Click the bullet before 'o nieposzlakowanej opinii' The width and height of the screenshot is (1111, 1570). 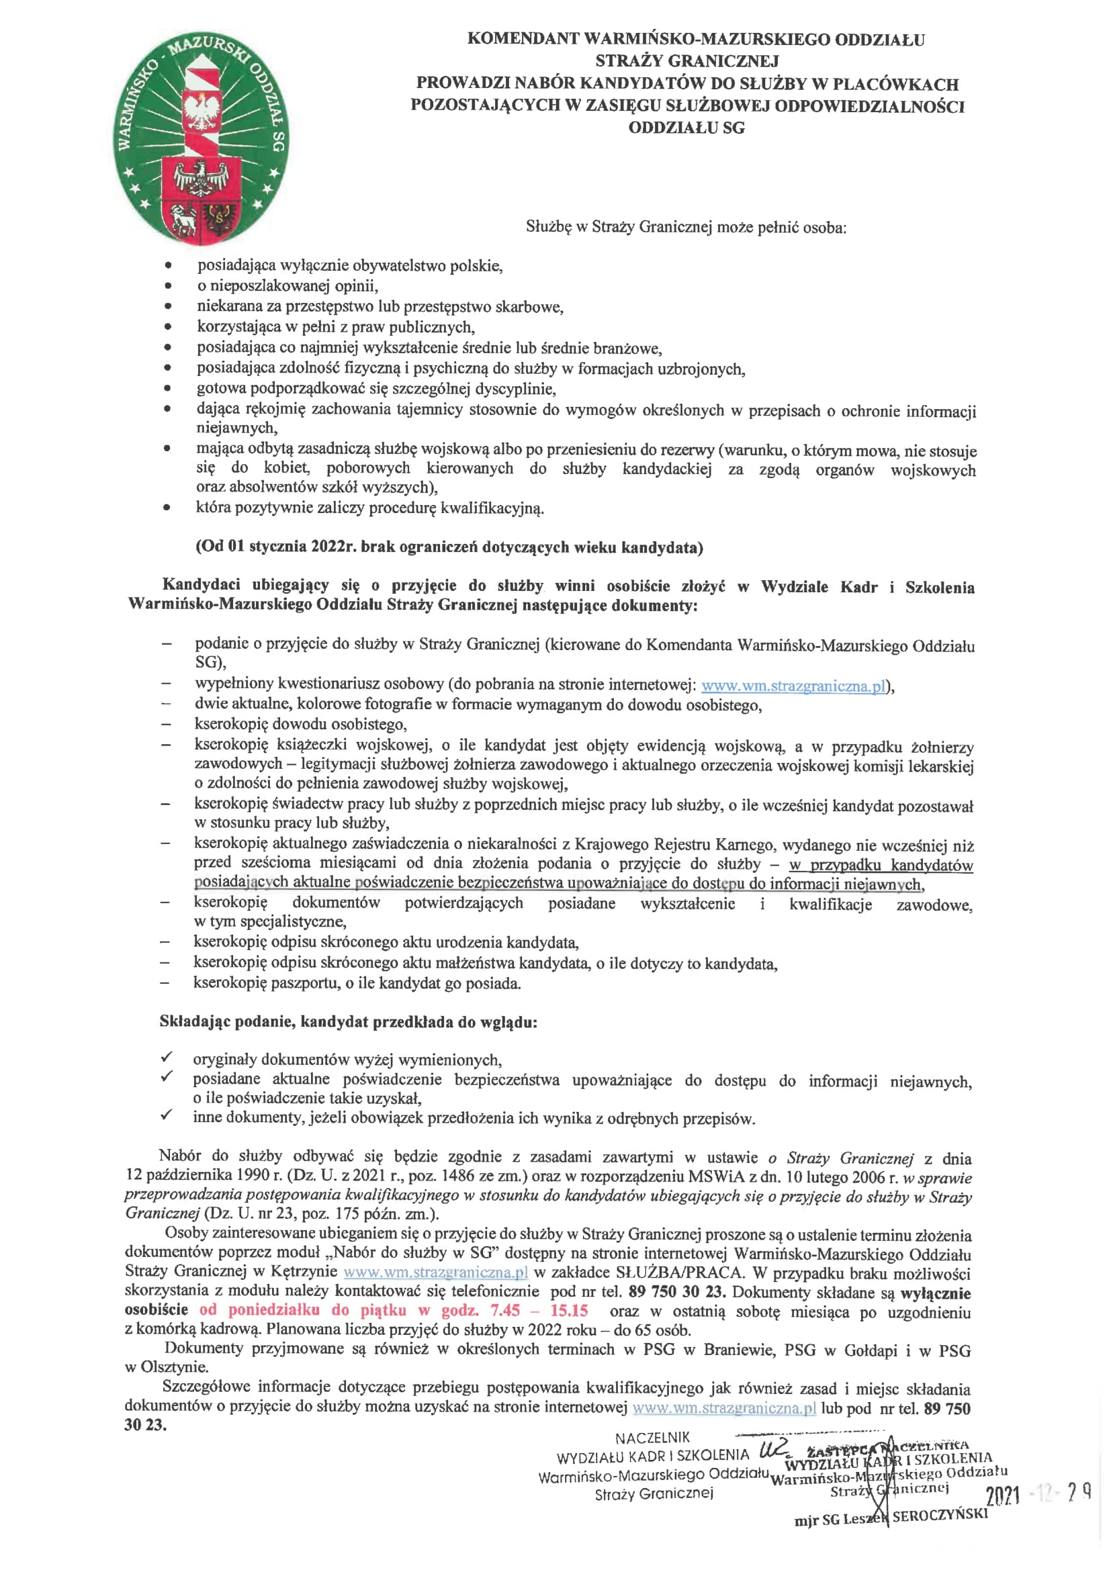[x=168, y=286]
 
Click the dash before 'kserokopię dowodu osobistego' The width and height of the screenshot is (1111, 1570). [x=165, y=723]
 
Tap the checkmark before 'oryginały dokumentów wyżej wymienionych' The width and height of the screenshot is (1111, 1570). [x=166, y=1058]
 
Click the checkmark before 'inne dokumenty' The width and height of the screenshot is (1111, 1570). [x=166, y=1115]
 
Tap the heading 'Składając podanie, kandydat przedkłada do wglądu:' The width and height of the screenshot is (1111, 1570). [x=348, y=1021]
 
